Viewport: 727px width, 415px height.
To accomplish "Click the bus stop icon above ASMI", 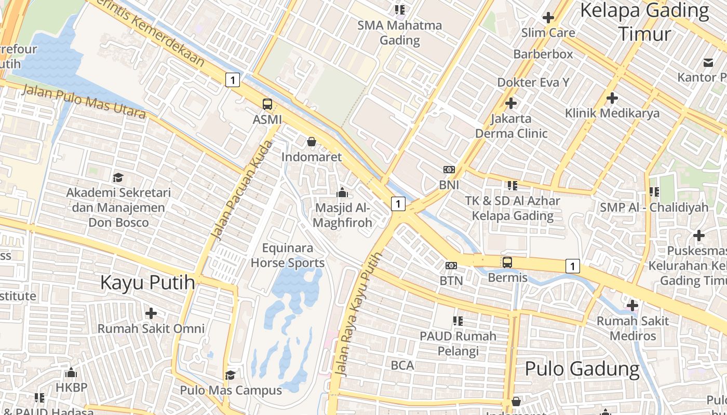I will pos(267,104).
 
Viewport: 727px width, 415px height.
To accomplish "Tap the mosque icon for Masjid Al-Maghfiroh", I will pos(342,193).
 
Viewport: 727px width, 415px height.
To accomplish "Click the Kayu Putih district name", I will pos(147,283).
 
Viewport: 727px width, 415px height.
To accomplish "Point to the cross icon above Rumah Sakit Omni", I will pos(151,313).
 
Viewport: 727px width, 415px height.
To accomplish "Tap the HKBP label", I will pos(72,388).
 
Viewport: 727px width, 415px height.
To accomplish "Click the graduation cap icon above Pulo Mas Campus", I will pos(230,375).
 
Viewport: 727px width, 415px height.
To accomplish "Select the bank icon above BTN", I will pos(451,266).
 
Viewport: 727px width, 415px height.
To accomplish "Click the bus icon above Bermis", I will pos(507,262).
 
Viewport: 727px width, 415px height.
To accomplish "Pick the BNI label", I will pos(449,185).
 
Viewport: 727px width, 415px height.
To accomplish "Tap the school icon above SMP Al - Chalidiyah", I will pos(654,192).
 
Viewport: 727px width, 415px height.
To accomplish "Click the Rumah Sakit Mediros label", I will pos(632,328).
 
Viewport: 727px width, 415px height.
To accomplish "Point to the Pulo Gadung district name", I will pos(582,369).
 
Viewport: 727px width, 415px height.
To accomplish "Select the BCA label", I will pos(402,365).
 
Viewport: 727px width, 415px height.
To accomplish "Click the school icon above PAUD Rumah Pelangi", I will pos(457,321).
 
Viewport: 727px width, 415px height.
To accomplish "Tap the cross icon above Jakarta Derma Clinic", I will pos(511,103).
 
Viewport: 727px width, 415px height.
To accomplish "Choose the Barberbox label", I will pos(543,54).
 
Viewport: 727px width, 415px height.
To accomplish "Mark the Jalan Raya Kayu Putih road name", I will pos(359,314).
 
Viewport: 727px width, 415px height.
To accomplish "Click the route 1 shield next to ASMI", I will pos(233,80).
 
